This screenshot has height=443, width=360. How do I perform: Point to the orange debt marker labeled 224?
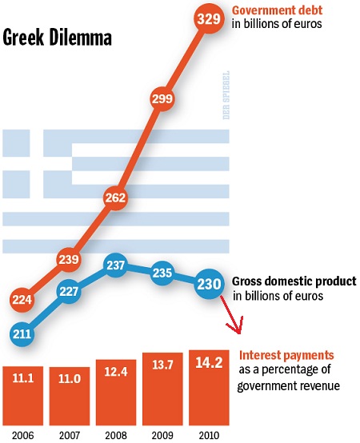click(x=23, y=300)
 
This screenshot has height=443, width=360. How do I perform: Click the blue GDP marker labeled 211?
click(x=23, y=332)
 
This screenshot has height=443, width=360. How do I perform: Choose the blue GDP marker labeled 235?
click(x=162, y=272)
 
